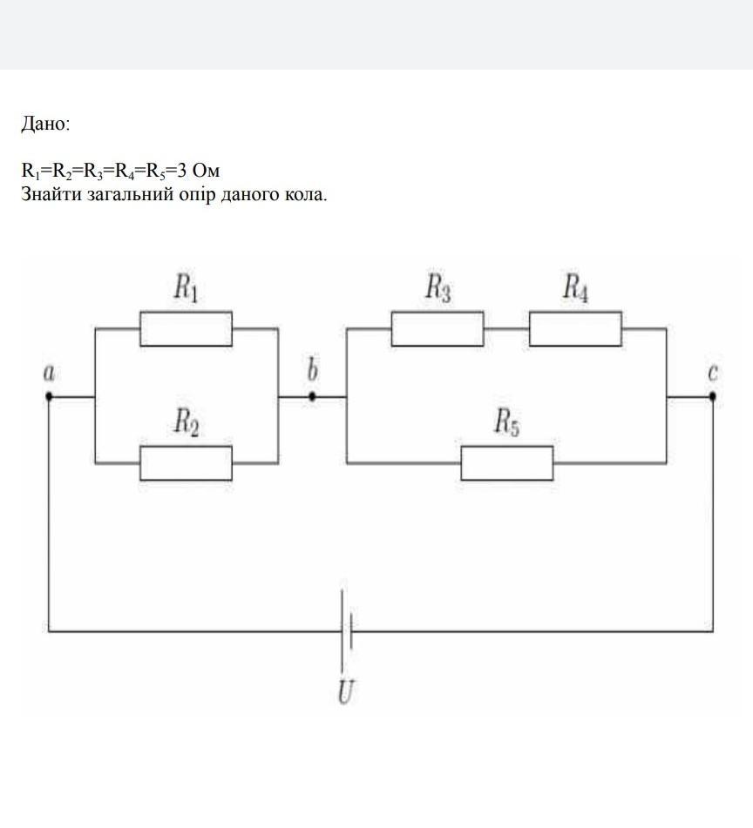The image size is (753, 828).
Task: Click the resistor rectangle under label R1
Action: (x=187, y=329)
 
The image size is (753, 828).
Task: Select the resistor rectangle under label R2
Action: (x=187, y=463)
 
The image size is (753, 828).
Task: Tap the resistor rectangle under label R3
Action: (x=438, y=329)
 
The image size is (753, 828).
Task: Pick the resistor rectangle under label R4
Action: (x=575, y=329)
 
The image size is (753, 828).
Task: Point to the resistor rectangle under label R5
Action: (x=506, y=463)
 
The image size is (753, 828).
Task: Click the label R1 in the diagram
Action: (x=186, y=287)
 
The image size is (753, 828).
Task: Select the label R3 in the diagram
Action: (x=438, y=287)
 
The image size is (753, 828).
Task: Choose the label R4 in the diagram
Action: (x=575, y=287)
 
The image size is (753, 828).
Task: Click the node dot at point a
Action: (x=49, y=396)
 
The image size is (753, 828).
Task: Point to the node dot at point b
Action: (x=312, y=396)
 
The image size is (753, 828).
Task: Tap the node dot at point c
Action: (x=713, y=396)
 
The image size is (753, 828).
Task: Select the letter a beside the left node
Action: (x=49, y=373)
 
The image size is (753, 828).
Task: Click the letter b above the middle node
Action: (x=312, y=371)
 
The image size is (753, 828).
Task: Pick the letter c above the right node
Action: (x=713, y=373)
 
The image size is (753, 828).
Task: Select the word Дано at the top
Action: (x=44, y=125)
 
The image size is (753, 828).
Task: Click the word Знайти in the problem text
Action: (x=51, y=193)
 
